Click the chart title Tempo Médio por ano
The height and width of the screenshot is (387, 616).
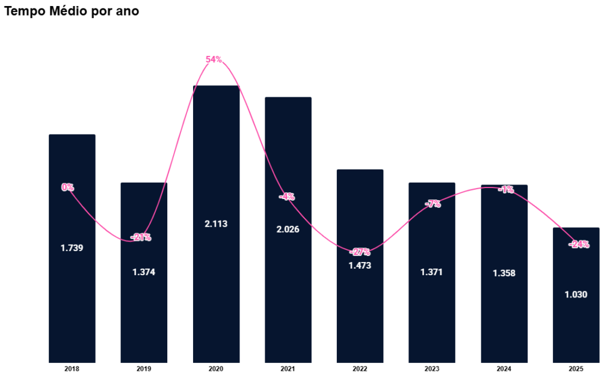pyautogui.click(x=72, y=11)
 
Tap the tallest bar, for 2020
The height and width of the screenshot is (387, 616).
pyautogui.click(x=216, y=288)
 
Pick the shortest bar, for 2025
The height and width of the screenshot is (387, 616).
pyautogui.click(x=576, y=325)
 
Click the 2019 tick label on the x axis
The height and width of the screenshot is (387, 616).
pyautogui.click(x=144, y=369)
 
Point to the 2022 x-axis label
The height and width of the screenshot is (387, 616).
pyautogui.click(x=360, y=369)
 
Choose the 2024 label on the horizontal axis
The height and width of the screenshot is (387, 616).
pyautogui.click(x=504, y=369)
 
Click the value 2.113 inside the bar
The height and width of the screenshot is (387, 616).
pyautogui.click(x=216, y=224)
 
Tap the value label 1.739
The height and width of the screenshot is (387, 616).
pyautogui.click(x=72, y=248)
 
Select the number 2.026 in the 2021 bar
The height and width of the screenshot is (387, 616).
pyautogui.click(x=288, y=229)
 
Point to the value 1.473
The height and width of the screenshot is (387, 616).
pyautogui.click(x=360, y=265)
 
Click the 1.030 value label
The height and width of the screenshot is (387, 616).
pyautogui.click(x=576, y=294)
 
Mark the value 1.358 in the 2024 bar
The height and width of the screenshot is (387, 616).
pyautogui.click(x=504, y=273)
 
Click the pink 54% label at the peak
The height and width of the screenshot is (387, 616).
pyautogui.click(x=214, y=59)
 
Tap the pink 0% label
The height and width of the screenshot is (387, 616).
pyautogui.click(x=67, y=187)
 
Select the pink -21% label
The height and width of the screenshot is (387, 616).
pyautogui.click(x=141, y=237)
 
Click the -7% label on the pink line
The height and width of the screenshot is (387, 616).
pyautogui.click(x=433, y=204)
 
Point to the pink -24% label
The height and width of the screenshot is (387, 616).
pyautogui.click(x=579, y=245)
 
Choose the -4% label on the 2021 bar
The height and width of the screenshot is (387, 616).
pyautogui.click(x=287, y=197)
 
